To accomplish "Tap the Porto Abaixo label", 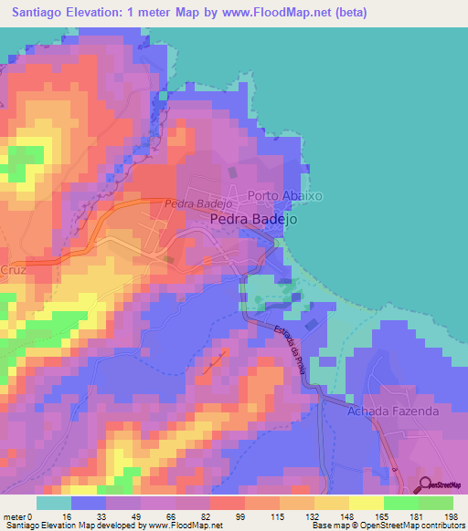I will coord(286,195).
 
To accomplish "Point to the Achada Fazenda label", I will coord(393,411).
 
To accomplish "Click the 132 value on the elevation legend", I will coord(299,515).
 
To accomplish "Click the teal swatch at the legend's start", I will coord(53,503).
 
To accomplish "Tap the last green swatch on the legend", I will coord(435,503).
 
